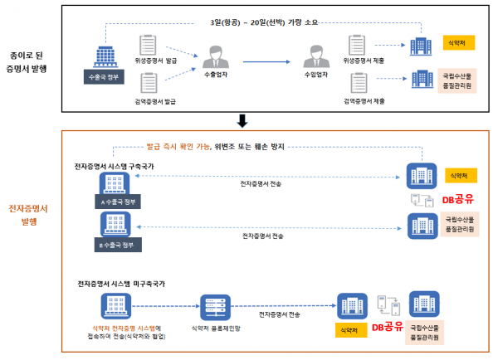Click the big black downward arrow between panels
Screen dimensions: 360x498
coord(242,121)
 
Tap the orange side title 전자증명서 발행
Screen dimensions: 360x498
coord(27,216)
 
